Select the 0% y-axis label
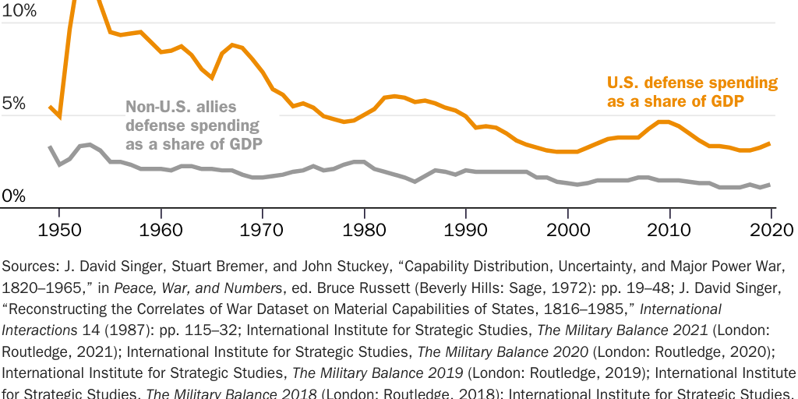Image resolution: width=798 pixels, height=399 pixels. (13, 196)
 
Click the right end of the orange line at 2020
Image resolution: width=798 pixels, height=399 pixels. (771, 143)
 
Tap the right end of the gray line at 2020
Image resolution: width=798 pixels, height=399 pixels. (771, 185)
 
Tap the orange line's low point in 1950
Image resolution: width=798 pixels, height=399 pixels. (59, 116)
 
